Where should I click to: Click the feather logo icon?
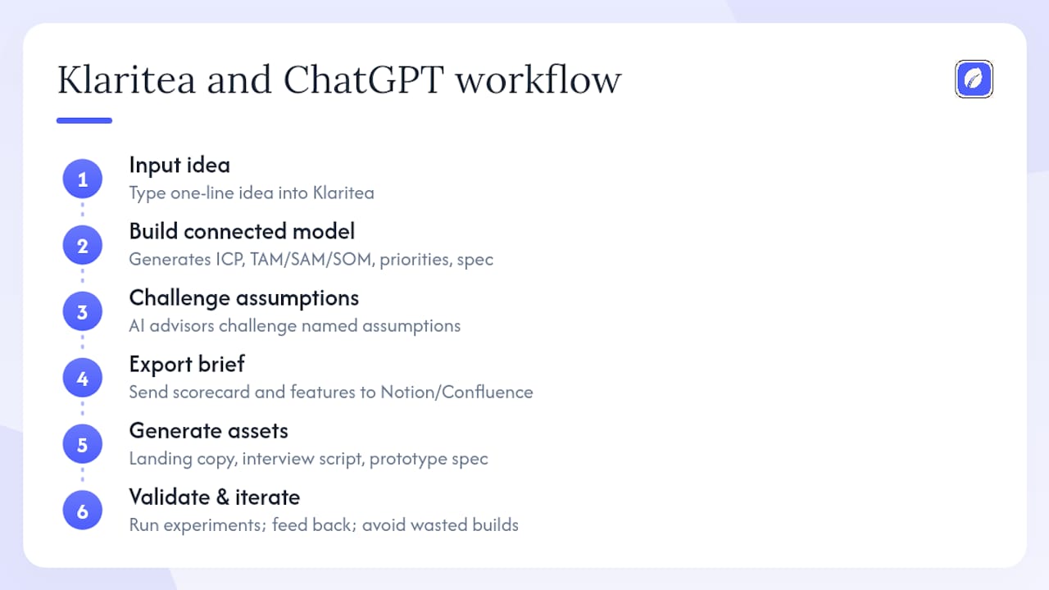[x=974, y=79]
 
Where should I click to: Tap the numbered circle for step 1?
[x=83, y=179]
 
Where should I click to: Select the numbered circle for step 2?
[x=83, y=245]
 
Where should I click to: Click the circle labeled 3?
[x=83, y=312]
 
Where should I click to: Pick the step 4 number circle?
[x=83, y=378]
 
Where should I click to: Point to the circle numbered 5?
[x=83, y=444]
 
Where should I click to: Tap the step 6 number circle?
[x=83, y=511]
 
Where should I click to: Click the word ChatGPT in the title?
[x=363, y=79]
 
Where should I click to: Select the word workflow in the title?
[x=538, y=79]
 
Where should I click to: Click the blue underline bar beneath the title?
[x=84, y=120]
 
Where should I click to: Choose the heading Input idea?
[x=179, y=166]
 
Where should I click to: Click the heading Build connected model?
[x=242, y=231]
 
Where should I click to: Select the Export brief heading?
[x=187, y=365]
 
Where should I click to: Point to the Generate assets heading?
[x=208, y=431]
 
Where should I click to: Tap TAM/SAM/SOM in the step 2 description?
[x=312, y=260]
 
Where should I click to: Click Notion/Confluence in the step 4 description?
[x=456, y=393]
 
